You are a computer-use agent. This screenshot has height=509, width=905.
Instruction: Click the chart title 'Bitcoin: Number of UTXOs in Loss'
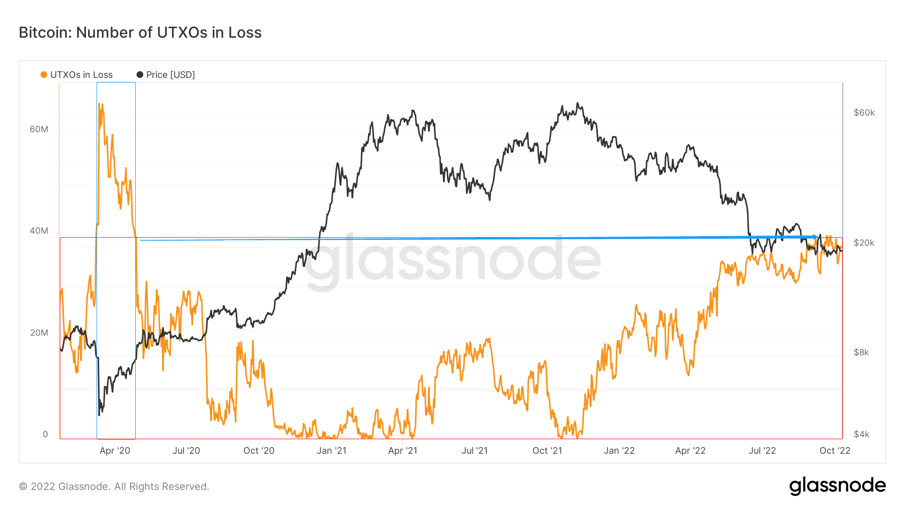pos(140,33)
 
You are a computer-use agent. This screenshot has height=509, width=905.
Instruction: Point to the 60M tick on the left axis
pos(39,129)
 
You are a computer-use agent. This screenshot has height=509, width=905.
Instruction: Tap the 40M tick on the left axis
pos(39,231)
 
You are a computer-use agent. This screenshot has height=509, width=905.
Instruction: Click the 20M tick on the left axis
pos(39,333)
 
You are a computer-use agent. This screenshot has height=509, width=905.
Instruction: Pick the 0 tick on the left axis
pos(45,434)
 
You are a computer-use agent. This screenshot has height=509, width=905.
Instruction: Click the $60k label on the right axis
pos(864,113)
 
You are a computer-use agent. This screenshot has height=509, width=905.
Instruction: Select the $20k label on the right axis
pos(864,243)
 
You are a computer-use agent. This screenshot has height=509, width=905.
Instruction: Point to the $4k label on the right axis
pos(861,434)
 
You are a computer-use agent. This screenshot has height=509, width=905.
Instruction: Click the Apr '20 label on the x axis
pos(115,451)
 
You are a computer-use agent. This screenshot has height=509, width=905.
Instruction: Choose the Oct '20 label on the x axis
pos(258,451)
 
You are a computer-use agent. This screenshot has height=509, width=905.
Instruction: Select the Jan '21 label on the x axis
pos(331,451)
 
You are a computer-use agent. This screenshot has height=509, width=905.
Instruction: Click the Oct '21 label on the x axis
pos(547,451)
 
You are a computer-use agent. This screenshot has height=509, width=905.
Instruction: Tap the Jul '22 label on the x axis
pos(762,451)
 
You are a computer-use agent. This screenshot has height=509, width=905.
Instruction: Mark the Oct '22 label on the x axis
pos(835,451)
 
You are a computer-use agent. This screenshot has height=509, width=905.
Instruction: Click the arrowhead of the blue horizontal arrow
pos(815,237)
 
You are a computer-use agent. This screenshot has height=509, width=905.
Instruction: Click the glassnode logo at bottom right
pos(837,486)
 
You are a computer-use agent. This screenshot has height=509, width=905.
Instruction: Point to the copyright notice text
pos(114,486)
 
